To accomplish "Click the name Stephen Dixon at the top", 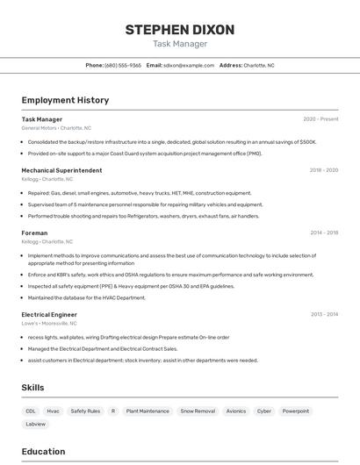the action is (x=180, y=30).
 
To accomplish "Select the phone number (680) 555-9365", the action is (x=123, y=65).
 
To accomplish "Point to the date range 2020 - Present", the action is (x=320, y=118).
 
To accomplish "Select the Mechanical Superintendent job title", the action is (x=61, y=170).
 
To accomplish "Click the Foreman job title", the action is (x=35, y=232).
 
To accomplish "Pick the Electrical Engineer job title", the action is (x=49, y=314).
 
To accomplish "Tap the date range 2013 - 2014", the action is (x=324, y=314).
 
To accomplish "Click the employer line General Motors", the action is (x=51, y=128).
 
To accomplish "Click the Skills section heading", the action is (x=32, y=387).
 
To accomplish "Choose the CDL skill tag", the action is (x=31, y=411).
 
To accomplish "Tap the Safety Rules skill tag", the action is (x=85, y=411).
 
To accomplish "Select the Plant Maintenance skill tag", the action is (x=148, y=411).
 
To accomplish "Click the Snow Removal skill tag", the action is (x=198, y=411).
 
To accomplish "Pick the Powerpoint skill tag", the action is (x=296, y=411).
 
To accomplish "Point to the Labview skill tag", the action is (x=36, y=424).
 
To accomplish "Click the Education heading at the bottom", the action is (x=43, y=452).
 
